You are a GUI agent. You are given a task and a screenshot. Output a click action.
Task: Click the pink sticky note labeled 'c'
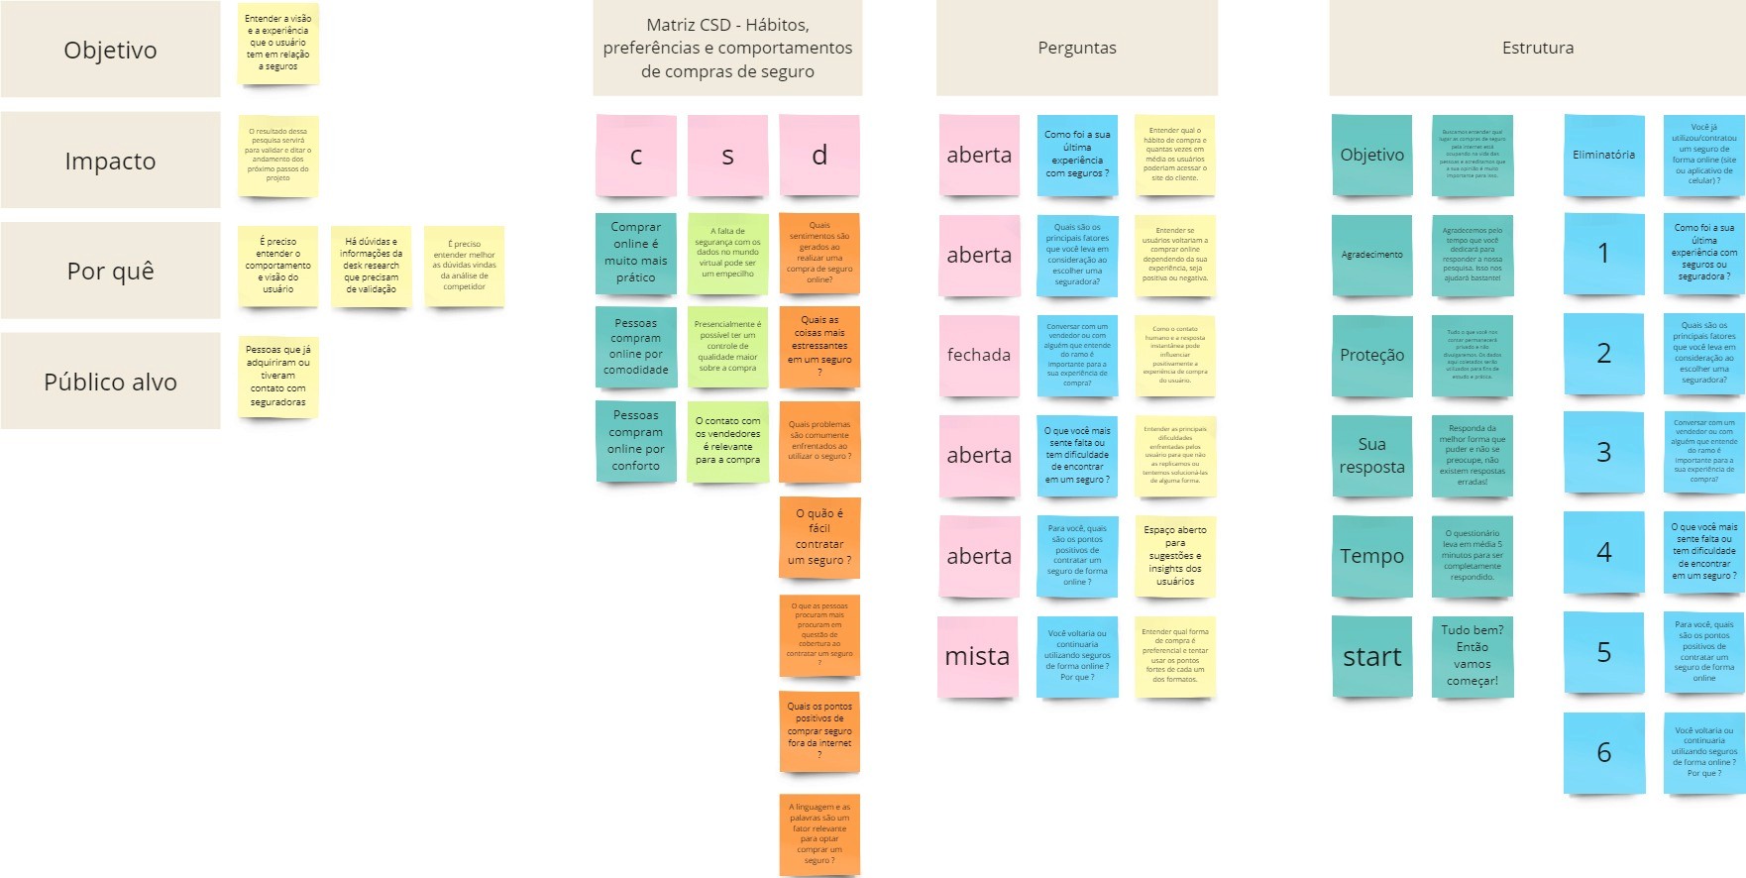tap(636, 156)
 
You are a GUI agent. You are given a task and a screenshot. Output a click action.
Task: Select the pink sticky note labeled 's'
tap(727, 156)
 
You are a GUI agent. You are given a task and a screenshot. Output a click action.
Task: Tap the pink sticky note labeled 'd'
tap(819, 156)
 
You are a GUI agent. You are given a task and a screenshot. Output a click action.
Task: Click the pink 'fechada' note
tap(979, 355)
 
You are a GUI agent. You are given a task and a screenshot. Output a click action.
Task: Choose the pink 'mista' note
tap(978, 656)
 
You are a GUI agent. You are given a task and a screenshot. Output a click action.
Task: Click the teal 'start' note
tap(1371, 656)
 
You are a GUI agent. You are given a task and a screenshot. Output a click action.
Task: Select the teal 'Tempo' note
tap(1371, 556)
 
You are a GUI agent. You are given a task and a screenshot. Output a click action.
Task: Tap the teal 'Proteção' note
tap(1371, 355)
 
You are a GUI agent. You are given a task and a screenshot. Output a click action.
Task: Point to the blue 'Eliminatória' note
tap(1603, 155)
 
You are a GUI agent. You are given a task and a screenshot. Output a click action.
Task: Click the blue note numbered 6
tap(1603, 752)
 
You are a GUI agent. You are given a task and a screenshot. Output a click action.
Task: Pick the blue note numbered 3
tap(1603, 452)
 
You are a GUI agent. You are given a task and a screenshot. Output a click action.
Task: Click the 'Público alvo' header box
tap(110, 382)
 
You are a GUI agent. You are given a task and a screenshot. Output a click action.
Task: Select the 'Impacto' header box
tap(110, 161)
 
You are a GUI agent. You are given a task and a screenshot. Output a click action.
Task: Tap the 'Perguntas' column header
tap(1076, 48)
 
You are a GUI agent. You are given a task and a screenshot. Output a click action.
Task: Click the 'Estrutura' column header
tap(1537, 48)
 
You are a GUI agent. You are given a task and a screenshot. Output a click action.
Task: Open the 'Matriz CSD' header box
tap(727, 48)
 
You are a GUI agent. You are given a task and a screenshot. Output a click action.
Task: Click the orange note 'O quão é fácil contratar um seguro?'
tap(819, 537)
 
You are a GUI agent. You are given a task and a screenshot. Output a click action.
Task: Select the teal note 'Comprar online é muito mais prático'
tap(636, 253)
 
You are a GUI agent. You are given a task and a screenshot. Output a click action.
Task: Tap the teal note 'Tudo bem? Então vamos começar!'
tap(1472, 655)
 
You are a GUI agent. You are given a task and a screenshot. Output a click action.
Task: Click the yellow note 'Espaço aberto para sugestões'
tap(1174, 556)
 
